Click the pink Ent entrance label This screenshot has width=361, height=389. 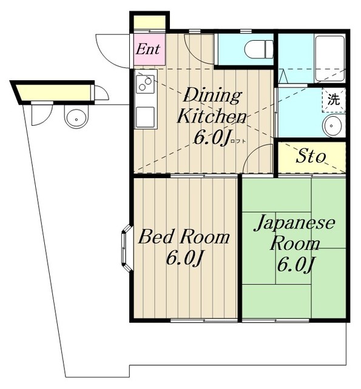(x=148, y=49)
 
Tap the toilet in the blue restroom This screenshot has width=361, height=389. (x=258, y=49)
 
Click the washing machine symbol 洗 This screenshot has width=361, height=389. (x=334, y=100)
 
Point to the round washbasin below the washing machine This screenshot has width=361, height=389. (x=334, y=126)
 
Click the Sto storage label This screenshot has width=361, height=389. (x=311, y=157)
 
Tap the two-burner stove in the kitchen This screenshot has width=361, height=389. (x=146, y=84)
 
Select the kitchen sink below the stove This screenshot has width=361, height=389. (x=146, y=117)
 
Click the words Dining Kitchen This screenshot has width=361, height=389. (x=212, y=106)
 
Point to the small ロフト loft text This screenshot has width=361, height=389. (x=238, y=141)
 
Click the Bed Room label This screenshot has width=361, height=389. (x=184, y=237)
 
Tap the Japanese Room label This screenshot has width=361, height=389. (x=295, y=233)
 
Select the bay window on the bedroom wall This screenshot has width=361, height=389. (x=127, y=248)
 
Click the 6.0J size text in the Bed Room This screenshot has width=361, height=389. (x=184, y=258)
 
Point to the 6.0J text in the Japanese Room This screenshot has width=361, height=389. (x=295, y=265)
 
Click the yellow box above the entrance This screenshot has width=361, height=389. (x=150, y=22)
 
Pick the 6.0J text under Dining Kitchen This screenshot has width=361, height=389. (x=212, y=137)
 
